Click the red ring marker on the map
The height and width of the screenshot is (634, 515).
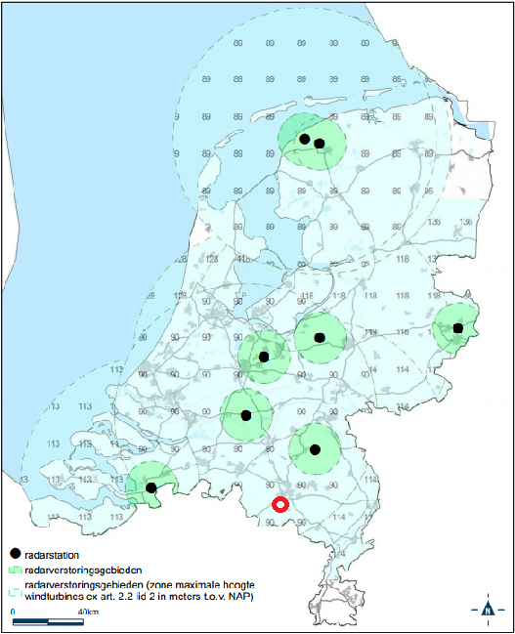pyautogui.click(x=279, y=505)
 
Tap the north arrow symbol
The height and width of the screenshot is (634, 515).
pyautogui.click(x=488, y=611)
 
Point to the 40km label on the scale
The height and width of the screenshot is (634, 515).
pyautogui.click(x=85, y=612)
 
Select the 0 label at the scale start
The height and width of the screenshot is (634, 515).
pyautogui.click(x=14, y=612)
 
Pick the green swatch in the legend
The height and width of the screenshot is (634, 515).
pyautogui.click(x=15, y=569)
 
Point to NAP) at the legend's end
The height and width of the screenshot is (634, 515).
pyautogui.click(x=239, y=595)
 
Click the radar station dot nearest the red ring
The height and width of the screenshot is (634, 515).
pyautogui.click(x=315, y=449)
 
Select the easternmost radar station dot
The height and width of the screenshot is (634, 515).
pyautogui.click(x=458, y=328)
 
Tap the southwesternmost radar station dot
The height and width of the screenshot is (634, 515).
pyautogui.click(x=150, y=486)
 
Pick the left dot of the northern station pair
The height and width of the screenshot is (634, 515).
pyautogui.click(x=304, y=140)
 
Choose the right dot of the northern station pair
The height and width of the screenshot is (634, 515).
pyautogui.click(x=319, y=144)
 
